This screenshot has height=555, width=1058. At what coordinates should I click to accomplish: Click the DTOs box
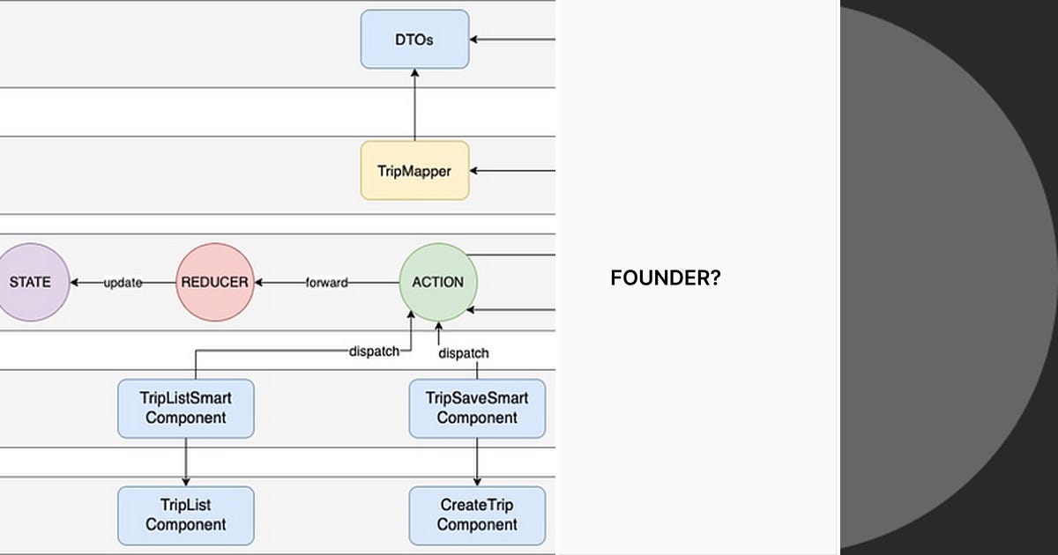click(414, 39)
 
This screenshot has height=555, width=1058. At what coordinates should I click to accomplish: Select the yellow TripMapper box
click(414, 170)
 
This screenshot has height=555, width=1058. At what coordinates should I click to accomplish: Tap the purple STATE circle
click(30, 282)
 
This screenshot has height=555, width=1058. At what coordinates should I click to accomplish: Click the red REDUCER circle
click(214, 282)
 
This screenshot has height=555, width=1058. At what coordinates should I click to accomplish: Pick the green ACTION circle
click(437, 282)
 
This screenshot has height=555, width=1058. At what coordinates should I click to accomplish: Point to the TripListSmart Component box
click(186, 408)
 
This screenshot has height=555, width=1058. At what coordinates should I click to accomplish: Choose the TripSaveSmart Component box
click(477, 408)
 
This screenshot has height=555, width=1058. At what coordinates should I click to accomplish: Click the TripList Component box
click(186, 514)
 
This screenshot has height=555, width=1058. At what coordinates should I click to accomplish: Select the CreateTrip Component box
click(477, 514)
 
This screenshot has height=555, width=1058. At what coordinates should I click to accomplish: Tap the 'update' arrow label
click(123, 283)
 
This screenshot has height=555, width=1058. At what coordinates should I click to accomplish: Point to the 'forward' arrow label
click(326, 283)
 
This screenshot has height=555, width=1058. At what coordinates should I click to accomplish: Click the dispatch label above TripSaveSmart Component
click(464, 352)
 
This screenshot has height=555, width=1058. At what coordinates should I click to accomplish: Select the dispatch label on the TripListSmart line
click(374, 351)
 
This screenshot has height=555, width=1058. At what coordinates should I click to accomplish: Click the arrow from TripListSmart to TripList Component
click(186, 462)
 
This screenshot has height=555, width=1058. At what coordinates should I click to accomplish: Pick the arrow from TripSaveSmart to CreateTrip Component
click(477, 462)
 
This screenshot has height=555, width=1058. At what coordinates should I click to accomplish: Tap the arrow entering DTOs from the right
click(511, 39)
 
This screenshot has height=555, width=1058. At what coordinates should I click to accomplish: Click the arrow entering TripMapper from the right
click(511, 170)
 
